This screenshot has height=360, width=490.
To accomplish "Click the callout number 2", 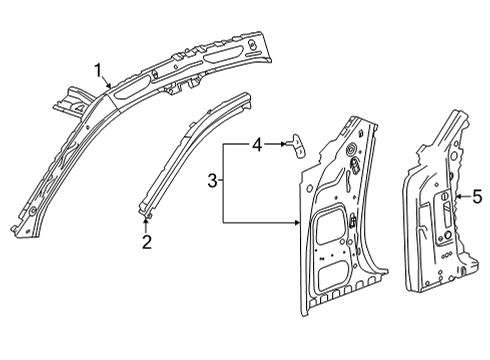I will (146, 241).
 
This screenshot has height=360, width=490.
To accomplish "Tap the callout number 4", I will (256, 146).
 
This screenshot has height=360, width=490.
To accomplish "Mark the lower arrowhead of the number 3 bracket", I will (299, 220).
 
